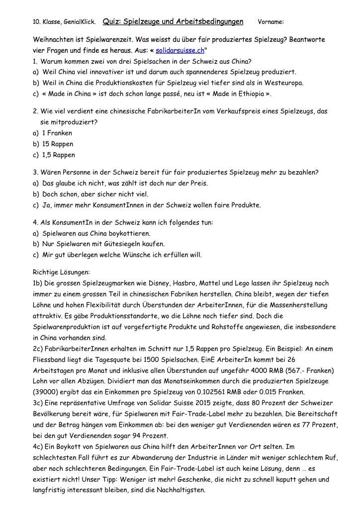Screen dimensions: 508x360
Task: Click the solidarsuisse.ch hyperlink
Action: pos(180,50)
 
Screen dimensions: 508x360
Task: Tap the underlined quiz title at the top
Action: pos(173,21)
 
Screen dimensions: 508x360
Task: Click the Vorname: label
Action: pos(270,22)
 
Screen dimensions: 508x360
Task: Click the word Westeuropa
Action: pos(284,83)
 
